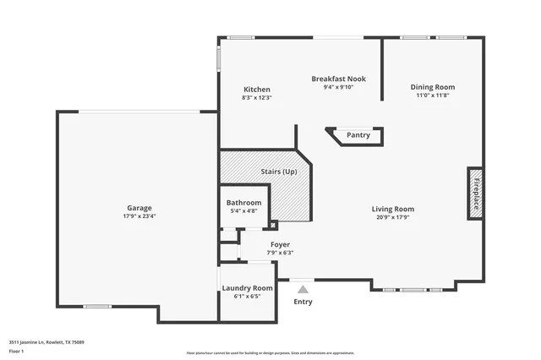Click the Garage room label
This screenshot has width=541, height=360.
(139, 208)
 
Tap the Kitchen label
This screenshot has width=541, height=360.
(257, 90)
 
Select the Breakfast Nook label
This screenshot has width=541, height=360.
(338, 78)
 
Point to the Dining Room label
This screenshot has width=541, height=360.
(433, 87)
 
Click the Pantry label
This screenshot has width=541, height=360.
(358, 135)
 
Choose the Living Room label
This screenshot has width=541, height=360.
(393, 209)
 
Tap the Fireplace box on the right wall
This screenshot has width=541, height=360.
(477, 194)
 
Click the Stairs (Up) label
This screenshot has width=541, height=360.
(278, 172)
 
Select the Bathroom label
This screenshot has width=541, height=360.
(243, 203)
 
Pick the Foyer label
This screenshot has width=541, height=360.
(280, 244)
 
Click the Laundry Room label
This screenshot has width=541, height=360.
(247, 288)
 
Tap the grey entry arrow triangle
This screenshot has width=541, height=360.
(303, 289)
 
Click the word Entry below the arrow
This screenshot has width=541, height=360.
(303, 302)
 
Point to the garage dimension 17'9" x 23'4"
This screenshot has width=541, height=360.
(139, 216)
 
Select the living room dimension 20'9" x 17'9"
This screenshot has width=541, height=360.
(393, 217)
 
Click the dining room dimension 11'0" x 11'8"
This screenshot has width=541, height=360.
(433, 95)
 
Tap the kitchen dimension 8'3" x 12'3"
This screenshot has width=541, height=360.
(257, 98)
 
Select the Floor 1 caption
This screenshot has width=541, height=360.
(16, 350)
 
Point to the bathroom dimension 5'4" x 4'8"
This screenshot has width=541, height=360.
(243, 211)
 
